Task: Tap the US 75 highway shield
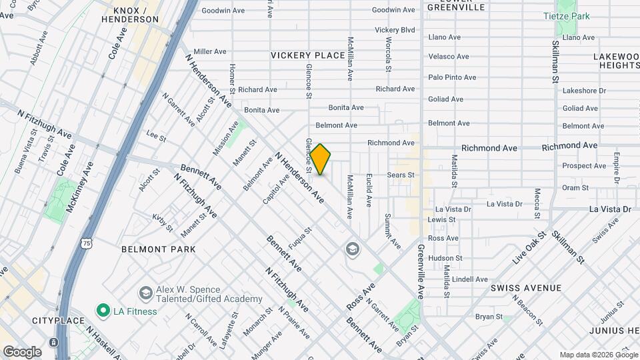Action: point(87,244)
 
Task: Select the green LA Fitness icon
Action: point(103,311)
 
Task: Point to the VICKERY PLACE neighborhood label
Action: point(307,55)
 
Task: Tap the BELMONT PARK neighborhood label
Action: point(159,249)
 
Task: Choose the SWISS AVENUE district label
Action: point(525,288)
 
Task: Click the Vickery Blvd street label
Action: point(395,30)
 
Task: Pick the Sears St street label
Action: point(401,175)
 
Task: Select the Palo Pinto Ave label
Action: point(452,77)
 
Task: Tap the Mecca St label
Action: point(537,203)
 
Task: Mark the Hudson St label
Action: point(445,258)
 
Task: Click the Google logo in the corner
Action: point(22,351)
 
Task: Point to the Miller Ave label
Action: point(211,51)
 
